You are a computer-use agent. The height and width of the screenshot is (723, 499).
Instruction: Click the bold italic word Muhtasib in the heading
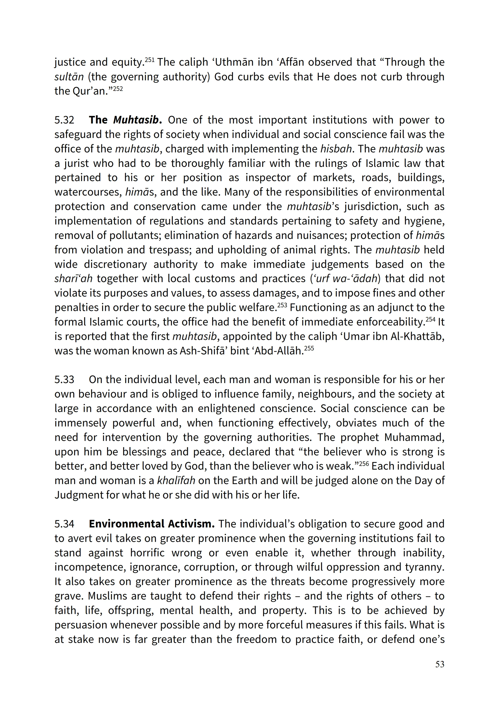(137, 120)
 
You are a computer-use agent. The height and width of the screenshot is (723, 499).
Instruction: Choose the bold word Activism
(191, 524)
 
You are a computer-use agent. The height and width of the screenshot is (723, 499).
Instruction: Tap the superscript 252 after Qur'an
(118, 89)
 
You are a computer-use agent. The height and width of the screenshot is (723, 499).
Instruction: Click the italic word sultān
(69, 77)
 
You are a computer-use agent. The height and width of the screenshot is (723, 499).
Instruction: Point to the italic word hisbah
(336, 149)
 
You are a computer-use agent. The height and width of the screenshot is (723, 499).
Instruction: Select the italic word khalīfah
(176, 481)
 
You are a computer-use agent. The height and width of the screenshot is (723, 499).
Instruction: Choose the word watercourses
(88, 192)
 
